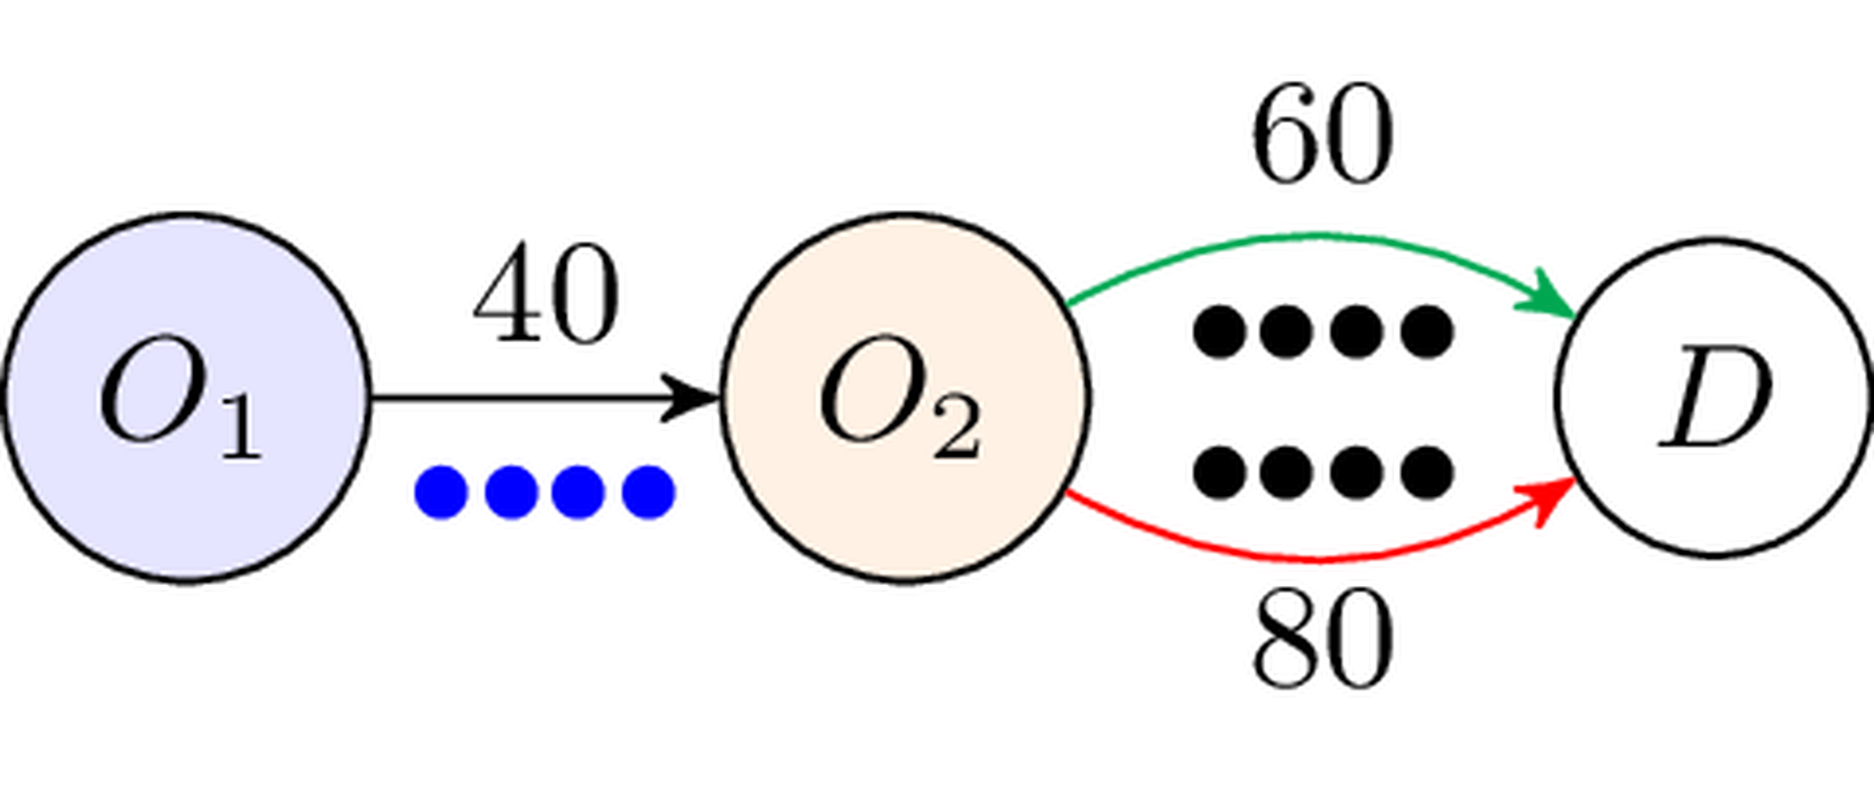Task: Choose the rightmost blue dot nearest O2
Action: coord(651,490)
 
